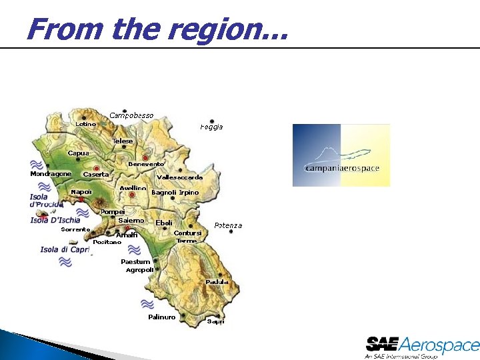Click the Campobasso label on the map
click(x=131, y=115)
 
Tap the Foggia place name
click(x=211, y=127)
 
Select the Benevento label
click(x=145, y=164)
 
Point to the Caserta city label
click(x=95, y=175)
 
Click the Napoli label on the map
click(x=81, y=192)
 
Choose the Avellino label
click(x=133, y=188)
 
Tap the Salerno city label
click(x=131, y=220)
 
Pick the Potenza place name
click(x=228, y=225)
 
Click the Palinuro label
click(x=161, y=317)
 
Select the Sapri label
click(x=215, y=321)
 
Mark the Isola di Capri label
click(x=65, y=250)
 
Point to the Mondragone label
click(x=51, y=174)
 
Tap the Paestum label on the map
click(x=135, y=262)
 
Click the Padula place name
click(x=217, y=282)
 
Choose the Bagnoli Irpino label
click(x=175, y=193)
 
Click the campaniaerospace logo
click(x=341, y=155)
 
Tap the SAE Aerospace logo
click(x=422, y=347)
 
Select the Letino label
click(x=85, y=124)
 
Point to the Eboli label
click(x=164, y=223)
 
